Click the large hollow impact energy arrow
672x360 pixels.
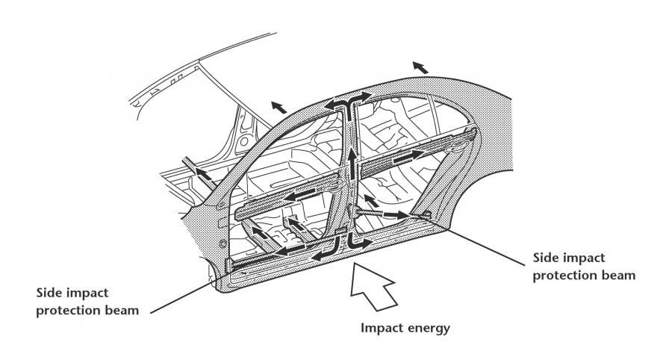(x=372, y=286)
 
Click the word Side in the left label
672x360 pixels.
(x=49, y=293)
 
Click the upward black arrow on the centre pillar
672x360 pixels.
(x=352, y=164)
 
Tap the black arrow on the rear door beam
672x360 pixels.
(x=408, y=156)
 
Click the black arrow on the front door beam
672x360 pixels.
(x=301, y=196)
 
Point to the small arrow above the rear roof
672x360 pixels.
(x=420, y=67)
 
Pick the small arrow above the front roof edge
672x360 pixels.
(x=279, y=107)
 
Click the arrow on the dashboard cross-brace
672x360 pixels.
(x=204, y=173)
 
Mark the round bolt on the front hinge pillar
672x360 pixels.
(x=223, y=243)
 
